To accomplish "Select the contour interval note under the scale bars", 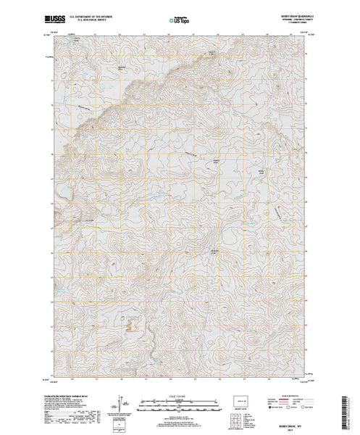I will pos(180,416).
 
